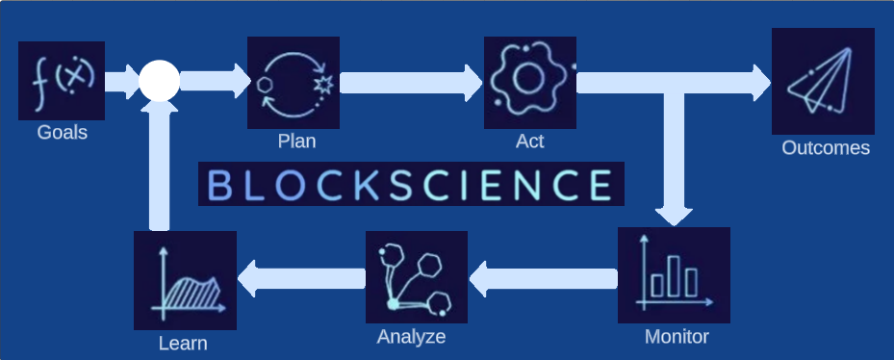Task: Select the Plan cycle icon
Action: click(294, 82)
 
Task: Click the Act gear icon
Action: click(530, 82)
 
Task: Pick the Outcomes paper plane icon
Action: click(823, 82)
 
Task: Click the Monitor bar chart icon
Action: click(674, 276)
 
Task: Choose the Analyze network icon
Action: click(417, 278)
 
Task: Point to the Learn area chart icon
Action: click(185, 280)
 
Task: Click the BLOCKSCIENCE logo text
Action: click(411, 185)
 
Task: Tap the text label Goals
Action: click(63, 133)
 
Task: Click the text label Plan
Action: click(296, 141)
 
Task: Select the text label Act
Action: click(530, 141)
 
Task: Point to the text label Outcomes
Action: click(826, 148)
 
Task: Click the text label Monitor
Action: click(677, 337)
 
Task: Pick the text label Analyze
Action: click(411, 337)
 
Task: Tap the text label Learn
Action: click(183, 343)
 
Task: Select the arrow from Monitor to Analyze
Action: click(543, 279)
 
